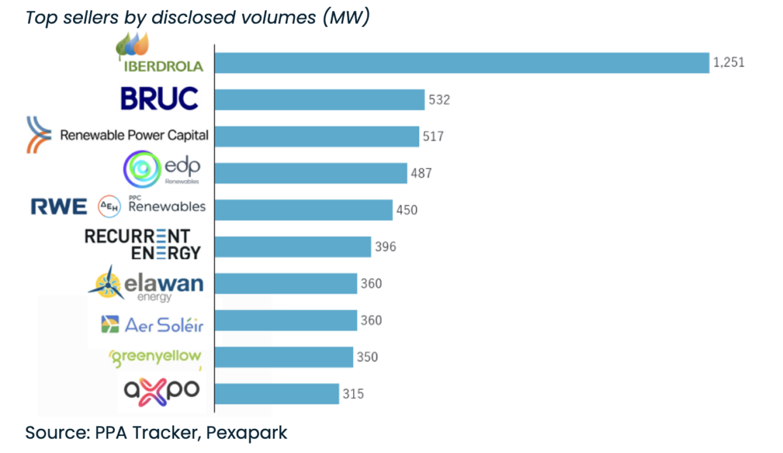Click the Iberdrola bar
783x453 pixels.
pyautogui.click(x=461, y=63)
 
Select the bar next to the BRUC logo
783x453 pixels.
pyautogui.click(x=320, y=100)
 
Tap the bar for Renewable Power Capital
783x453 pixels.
pyautogui.click(x=317, y=136)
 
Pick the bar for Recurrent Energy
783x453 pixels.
pyautogui.click(x=293, y=247)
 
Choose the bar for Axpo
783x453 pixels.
pyautogui.click(x=277, y=394)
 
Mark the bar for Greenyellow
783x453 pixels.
pyautogui.click(x=284, y=357)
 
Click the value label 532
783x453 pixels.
pyautogui.click(x=440, y=100)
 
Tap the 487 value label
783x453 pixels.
pyautogui.click(x=422, y=173)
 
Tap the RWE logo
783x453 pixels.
pyautogui.click(x=59, y=208)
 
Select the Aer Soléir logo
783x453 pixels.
pyautogui.click(x=152, y=324)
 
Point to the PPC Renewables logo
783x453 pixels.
pyautogui.click(x=151, y=206)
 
